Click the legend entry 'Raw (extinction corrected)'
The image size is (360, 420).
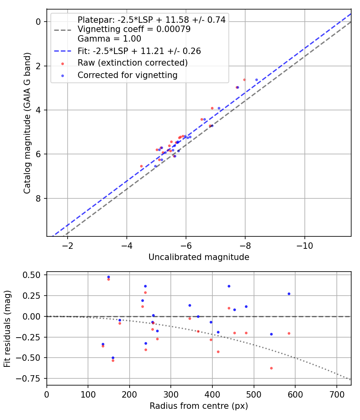pos(132,63)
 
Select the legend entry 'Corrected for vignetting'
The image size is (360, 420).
pos(127,75)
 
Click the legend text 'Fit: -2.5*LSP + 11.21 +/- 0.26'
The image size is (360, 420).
pos(139,51)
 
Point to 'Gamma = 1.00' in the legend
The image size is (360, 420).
pos(109,39)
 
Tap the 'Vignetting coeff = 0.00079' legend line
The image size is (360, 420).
pos(134,29)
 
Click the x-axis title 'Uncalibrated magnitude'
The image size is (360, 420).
pos(199,257)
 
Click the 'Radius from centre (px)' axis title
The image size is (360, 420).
pos(199,406)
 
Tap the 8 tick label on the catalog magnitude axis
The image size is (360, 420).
pos(39,198)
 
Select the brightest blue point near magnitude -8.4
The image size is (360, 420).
pos(256,80)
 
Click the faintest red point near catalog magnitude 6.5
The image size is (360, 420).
pos(141,166)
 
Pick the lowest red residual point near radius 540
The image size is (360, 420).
pos(271,368)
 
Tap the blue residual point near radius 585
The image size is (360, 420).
pos(289,294)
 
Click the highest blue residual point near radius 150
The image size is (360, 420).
pos(108,277)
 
